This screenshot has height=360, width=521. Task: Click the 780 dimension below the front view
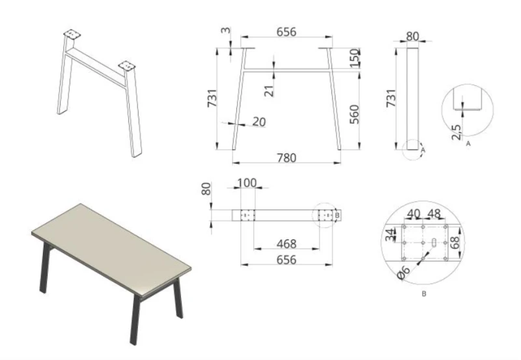[x=287, y=158]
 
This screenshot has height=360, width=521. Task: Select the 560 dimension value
[x=354, y=114]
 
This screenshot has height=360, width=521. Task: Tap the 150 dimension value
[x=355, y=58]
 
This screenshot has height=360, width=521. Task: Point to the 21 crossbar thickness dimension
[x=269, y=90]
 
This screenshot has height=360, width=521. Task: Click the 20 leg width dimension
[x=259, y=122]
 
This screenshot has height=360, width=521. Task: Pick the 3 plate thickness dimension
[x=225, y=30]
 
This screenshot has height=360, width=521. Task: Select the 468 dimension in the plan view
[x=287, y=243]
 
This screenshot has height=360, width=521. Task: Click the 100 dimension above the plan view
[x=247, y=183]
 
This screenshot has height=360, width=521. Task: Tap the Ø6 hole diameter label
[x=404, y=272]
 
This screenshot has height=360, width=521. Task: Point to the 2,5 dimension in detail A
[x=457, y=132]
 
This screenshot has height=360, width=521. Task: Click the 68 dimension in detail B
[x=455, y=242]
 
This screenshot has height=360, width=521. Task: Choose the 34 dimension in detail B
[x=390, y=234]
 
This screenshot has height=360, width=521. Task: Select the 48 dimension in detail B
[x=434, y=214]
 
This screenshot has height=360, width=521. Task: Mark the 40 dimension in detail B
[x=414, y=214]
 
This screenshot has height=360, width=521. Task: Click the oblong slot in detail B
[x=434, y=242]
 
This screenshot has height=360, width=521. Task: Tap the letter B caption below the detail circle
[x=424, y=294]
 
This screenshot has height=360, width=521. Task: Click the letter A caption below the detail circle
[x=468, y=144]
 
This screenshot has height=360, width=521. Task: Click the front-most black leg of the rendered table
[x=135, y=320]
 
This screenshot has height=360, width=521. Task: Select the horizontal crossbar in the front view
[x=287, y=70]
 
